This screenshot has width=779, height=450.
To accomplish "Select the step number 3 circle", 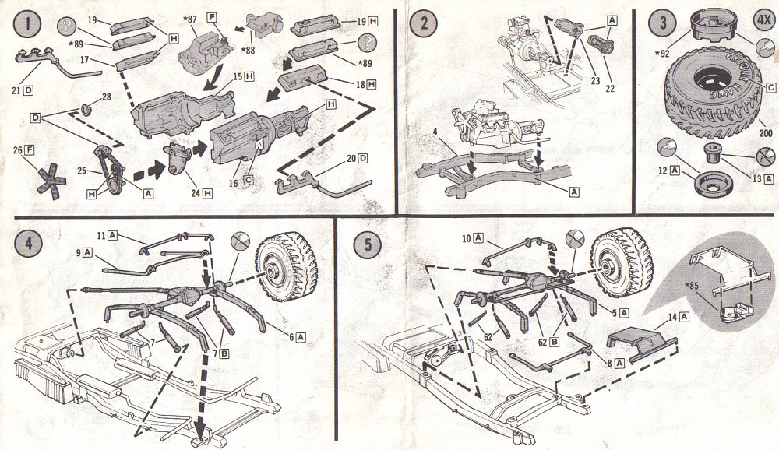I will point(663,23).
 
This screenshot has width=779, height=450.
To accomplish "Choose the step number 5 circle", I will point(365,244).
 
